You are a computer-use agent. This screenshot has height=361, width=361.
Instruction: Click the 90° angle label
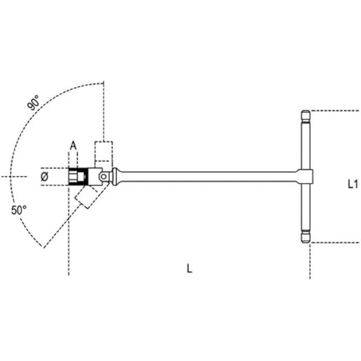tap(33, 103)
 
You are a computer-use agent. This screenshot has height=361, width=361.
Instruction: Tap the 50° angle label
tap(19, 210)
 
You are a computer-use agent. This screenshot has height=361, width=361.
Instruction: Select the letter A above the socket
tap(73, 146)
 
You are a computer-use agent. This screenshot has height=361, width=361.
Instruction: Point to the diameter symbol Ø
tap(44, 177)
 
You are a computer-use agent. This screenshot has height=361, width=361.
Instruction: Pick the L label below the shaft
tap(189, 269)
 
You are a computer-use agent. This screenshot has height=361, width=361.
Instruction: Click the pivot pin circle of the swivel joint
tap(103, 176)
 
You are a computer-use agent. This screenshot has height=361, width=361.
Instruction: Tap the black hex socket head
tap(78, 176)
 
